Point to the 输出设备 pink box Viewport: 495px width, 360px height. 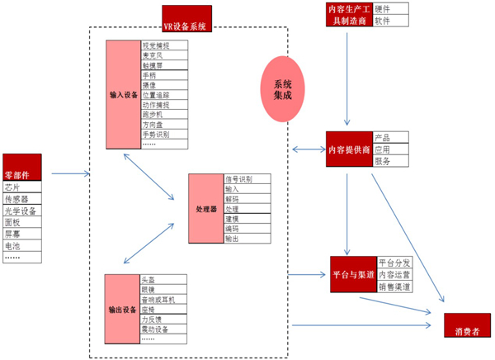click(x=123, y=309)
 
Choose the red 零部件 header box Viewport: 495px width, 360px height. click(x=22, y=164)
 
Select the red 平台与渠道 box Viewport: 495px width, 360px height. click(x=353, y=274)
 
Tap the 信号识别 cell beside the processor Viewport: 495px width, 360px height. click(x=246, y=179)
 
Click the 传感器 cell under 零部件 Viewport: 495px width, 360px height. click(x=22, y=199)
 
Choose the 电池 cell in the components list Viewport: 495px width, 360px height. click(x=22, y=245)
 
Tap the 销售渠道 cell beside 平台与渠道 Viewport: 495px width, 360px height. click(x=395, y=286)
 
